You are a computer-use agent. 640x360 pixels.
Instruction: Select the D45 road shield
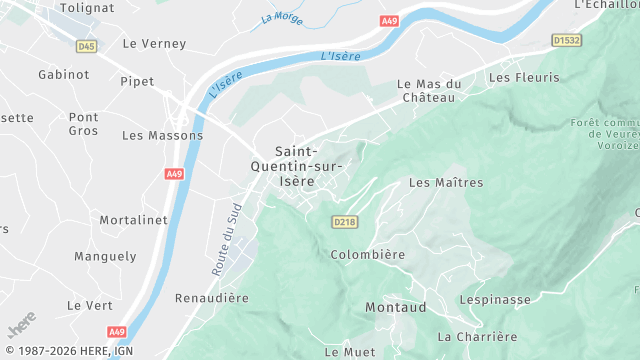tap(87, 46)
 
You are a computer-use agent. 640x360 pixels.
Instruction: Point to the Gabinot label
tap(64, 75)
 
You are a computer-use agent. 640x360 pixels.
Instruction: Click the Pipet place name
tap(136, 81)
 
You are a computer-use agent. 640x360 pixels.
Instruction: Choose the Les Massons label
tap(162, 135)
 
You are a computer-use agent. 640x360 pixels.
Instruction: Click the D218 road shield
tap(344, 221)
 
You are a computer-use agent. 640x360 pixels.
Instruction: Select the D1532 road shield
tap(566, 41)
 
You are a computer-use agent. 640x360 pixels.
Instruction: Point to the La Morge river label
tap(281, 16)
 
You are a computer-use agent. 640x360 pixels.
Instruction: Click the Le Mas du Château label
tap(428, 91)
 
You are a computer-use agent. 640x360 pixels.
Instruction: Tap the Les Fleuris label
tap(524, 77)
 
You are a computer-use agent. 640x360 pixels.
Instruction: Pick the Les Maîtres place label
tap(446, 183)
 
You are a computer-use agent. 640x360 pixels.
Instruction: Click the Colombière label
tap(368, 255)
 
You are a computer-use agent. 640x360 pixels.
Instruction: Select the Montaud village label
tap(396, 307)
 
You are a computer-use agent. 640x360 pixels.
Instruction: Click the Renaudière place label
tap(211, 298)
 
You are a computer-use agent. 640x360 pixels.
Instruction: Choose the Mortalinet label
tap(131, 219)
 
